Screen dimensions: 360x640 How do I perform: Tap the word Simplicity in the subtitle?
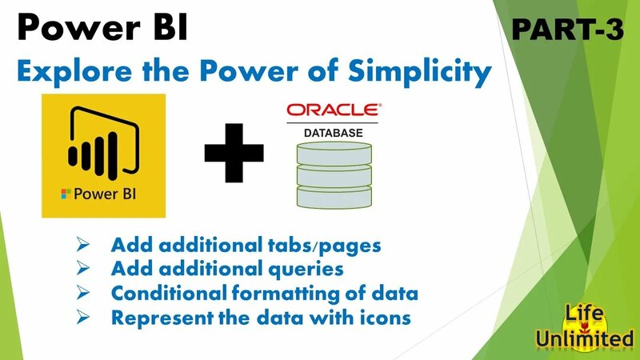(407, 73)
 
